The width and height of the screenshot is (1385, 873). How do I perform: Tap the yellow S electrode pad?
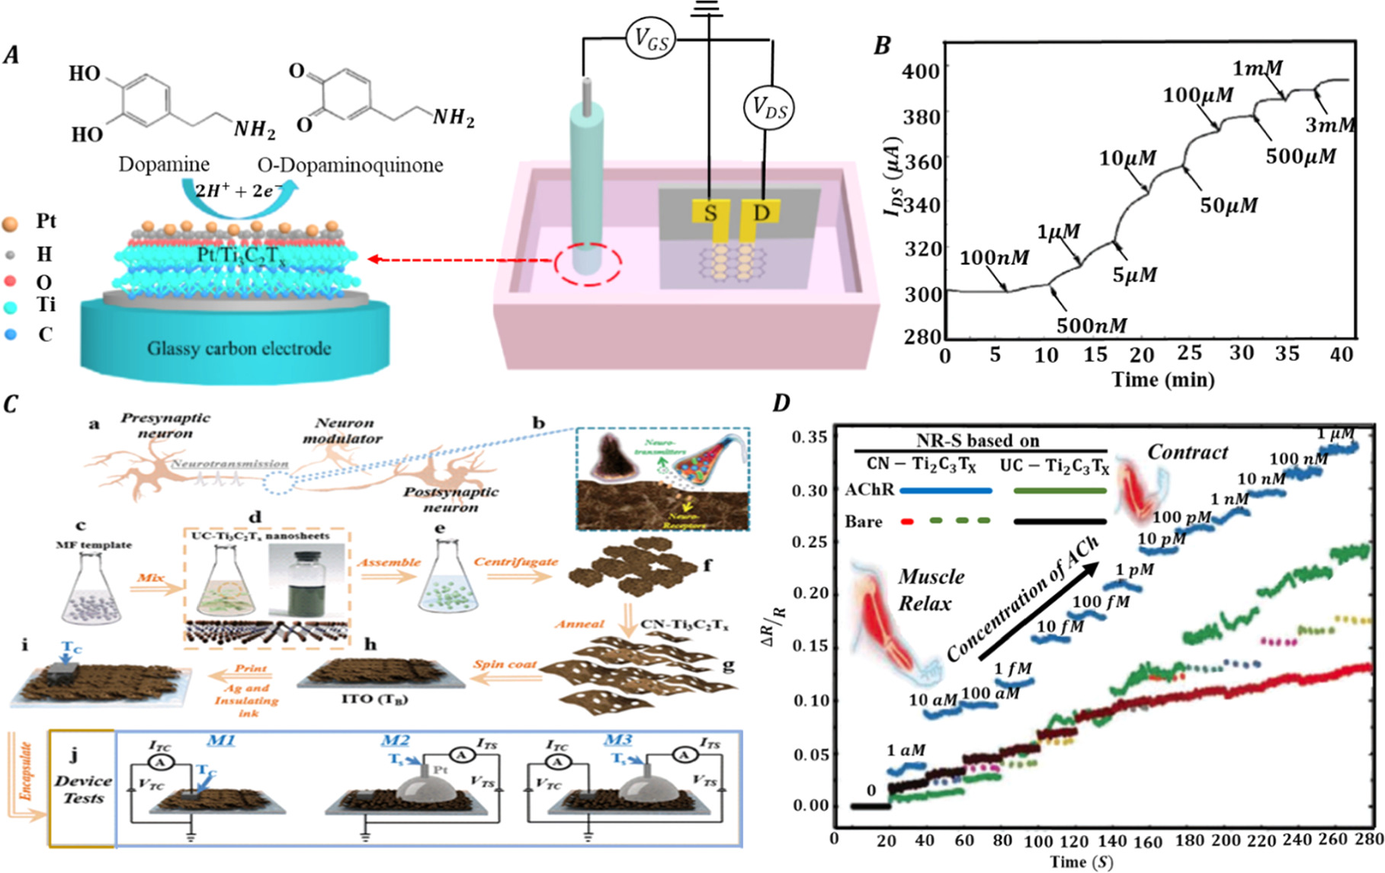(x=710, y=213)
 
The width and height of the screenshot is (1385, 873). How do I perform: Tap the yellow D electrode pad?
(x=761, y=213)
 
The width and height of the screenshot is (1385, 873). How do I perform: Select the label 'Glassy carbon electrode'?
(x=239, y=349)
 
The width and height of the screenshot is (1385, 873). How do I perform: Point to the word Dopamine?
(x=163, y=165)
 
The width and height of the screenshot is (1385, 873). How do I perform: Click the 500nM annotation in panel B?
(x=1091, y=326)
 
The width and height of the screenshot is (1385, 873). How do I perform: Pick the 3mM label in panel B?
(x=1329, y=125)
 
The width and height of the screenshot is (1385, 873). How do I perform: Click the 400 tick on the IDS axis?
(x=921, y=71)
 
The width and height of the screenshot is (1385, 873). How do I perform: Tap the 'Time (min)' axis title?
(x=1162, y=379)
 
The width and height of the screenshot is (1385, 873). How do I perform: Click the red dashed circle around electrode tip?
(x=587, y=264)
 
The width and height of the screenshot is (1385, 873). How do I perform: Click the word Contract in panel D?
(x=1188, y=452)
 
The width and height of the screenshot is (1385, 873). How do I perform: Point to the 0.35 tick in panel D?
(x=810, y=437)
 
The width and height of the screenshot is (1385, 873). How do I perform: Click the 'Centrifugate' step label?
(x=516, y=561)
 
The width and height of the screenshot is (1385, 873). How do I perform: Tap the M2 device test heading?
(x=396, y=740)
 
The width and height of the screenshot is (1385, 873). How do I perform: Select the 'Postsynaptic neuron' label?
(x=450, y=499)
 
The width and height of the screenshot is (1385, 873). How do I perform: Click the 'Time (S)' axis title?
(x=1081, y=862)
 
